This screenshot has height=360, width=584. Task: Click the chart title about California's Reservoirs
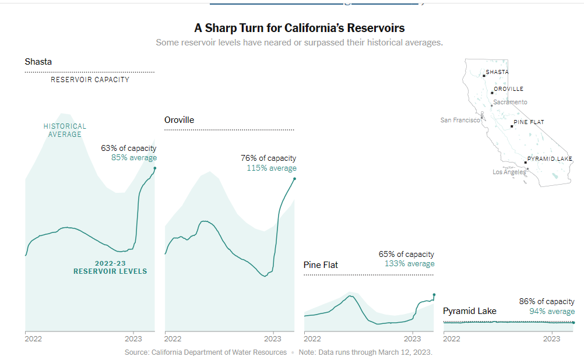[x=299, y=28]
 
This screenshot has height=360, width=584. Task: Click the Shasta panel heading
[x=38, y=62]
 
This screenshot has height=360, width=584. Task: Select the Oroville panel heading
[x=180, y=120]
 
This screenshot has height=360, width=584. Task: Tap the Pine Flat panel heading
[x=321, y=265]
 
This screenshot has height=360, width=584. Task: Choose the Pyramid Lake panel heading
[x=470, y=311]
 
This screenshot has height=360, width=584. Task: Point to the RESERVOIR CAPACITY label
[x=90, y=80]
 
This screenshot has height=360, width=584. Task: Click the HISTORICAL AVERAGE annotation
[x=65, y=130]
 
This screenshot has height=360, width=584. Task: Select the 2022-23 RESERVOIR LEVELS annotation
[x=110, y=267]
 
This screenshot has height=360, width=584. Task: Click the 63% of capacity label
[x=128, y=149]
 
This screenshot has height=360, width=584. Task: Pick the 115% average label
[x=272, y=168]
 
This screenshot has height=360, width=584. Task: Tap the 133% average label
[x=409, y=264]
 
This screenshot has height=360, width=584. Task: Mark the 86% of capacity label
[x=547, y=302]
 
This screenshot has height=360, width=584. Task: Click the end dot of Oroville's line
[x=294, y=179]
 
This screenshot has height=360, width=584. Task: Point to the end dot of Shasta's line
[x=155, y=168]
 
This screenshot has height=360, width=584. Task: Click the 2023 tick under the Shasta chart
[x=133, y=338]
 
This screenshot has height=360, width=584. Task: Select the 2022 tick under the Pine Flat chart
[x=312, y=338]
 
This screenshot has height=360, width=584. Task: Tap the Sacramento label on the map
[x=510, y=102]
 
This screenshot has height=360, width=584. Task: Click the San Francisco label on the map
[x=460, y=120]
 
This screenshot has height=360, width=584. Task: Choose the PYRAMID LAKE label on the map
[x=550, y=159]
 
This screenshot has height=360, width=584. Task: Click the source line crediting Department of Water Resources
[x=206, y=352]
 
